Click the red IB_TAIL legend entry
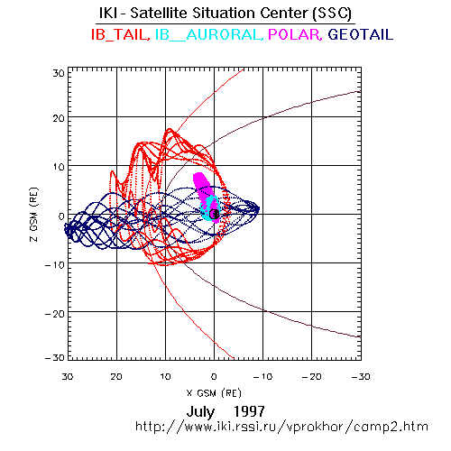[x=120, y=34]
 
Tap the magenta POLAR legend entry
[x=295, y=34]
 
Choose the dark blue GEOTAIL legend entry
[x=361, y=34]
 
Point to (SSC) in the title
[x=332, y=14]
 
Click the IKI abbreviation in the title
[x=108, y=13]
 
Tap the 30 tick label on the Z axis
[x=59, y=73]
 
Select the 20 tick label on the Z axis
[x=59, y=118]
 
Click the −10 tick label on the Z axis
[x=55, y=265]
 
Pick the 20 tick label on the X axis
[x=116, y=376]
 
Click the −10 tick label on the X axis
[x=262, y=376]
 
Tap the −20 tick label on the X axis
[x=311, y=376]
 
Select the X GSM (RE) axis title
[x=214, y=393]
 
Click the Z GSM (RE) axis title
[x=34, y=215]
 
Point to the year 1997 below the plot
[x=249, y=411]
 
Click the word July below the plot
[x=200, y=412]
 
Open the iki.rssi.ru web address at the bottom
[x=281, y=427]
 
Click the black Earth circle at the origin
[x=214, y=214]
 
